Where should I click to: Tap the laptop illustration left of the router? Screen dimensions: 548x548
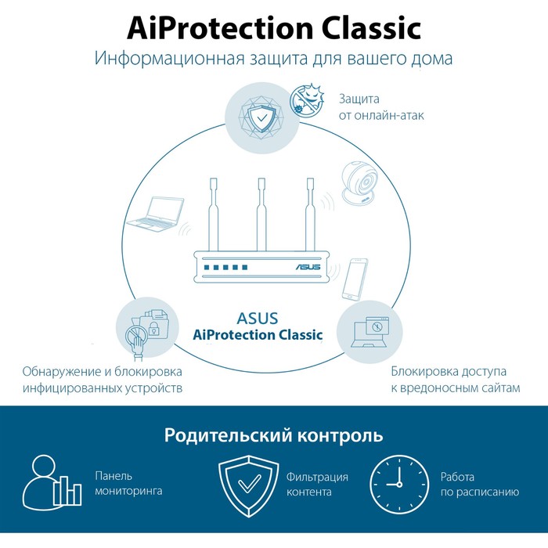click(156, 214)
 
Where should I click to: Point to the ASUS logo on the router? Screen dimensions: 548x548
click(308, 266)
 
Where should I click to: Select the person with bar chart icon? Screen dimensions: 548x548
click(52, 480)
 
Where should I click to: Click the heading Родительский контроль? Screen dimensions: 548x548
click(273, 435)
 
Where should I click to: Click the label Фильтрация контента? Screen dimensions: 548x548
click(317, 485)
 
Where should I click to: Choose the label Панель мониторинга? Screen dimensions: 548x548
click(128, 483)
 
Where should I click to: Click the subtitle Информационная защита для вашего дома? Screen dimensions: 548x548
click(273, 59)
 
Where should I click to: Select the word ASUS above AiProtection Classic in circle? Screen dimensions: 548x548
click(257, 318)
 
